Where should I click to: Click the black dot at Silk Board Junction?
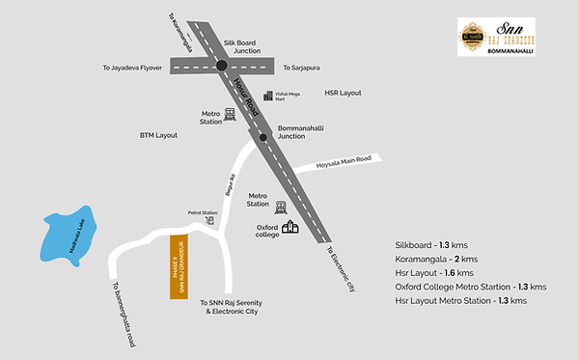222,66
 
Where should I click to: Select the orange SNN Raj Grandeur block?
178,266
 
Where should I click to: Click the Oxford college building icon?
290,228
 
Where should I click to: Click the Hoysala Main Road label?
344,164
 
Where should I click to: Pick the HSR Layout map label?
342,93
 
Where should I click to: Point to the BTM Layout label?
159,136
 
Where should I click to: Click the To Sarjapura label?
302,68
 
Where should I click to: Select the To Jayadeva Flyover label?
133,69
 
